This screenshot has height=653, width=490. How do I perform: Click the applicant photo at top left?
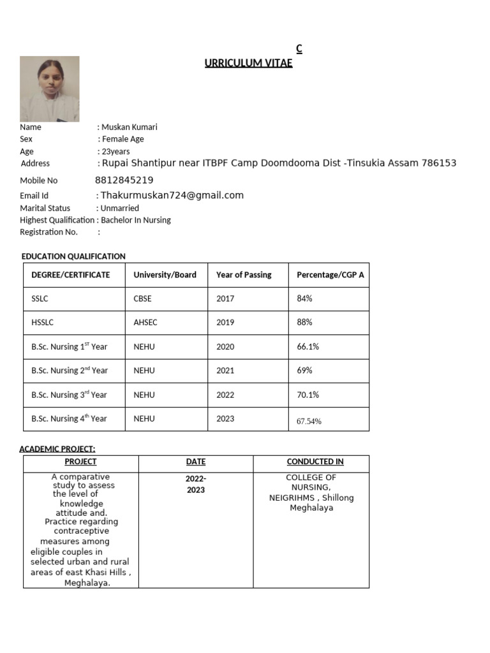(50, 89)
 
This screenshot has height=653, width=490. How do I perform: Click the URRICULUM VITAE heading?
(248, 62)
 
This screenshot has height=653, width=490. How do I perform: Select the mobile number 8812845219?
(124, 180)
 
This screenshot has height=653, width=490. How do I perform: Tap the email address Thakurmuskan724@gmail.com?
(172, 196)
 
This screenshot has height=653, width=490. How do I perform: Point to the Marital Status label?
(45, 208)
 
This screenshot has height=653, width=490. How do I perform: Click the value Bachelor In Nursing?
(136, 220)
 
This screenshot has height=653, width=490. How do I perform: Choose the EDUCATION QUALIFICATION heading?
(73, 256)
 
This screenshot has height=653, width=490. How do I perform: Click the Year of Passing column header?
(244, 275)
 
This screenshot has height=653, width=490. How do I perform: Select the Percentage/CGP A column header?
(330, 275)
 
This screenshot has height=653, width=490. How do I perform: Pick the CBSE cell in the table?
(142, 298)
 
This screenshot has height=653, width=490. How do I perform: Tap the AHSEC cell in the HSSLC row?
(145, 323)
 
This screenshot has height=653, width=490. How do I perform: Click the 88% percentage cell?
(304, 323)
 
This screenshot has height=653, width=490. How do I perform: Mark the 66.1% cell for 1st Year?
(308, 347)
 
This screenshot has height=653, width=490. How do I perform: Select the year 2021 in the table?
(225, 371)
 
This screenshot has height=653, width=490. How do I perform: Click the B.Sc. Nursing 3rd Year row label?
(69, 395)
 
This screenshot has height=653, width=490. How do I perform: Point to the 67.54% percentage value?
(309, 421)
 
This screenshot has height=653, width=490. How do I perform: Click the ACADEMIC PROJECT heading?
(57, 449)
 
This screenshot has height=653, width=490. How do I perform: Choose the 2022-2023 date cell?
(196, 484)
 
